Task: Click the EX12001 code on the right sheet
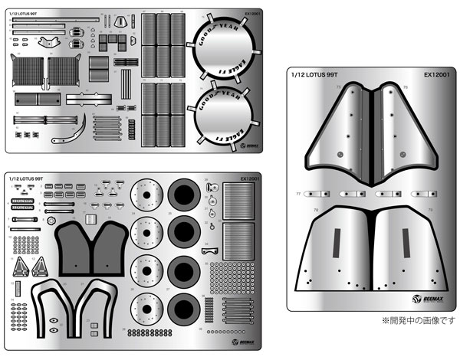[x=437, y=75]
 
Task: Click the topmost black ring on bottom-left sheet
[x=185, y=197]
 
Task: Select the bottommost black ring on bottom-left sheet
[x=185, y=311]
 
